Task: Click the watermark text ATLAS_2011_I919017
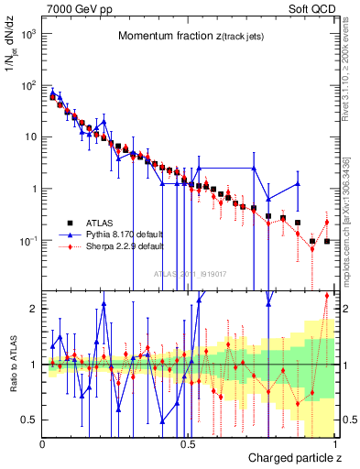188,273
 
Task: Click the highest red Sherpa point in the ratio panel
327,295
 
